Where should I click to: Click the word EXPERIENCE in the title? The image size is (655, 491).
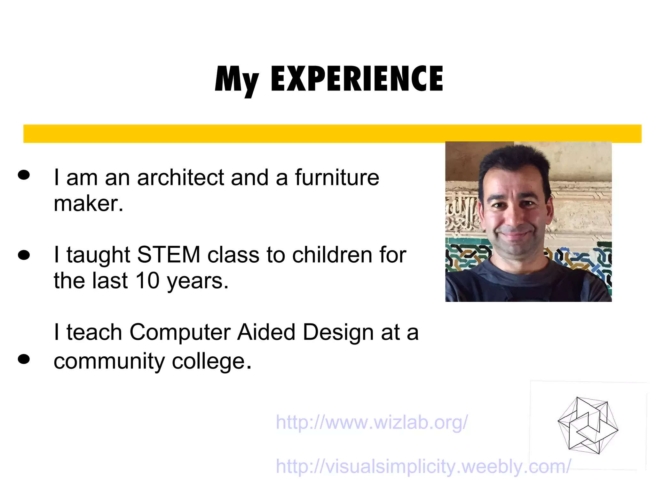pyautogui.click(x=357, y=78)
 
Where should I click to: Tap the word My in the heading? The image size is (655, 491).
pyautogui.click(x=236, y=80)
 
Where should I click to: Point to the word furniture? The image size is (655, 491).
pyautogui.click(x=337, y=178)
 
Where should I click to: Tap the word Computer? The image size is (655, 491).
pyautogui.click(x=180, y=332)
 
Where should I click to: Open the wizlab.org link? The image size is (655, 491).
pyautogui.click(x=372, y=422)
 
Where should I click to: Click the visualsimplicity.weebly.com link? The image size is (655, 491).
pyautogui.click(x=423, y=466)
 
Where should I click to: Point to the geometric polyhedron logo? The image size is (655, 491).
pyautogui.click(x=588, y=425)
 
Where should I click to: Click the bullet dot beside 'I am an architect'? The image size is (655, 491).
pyautogui.click(x=24, y=175)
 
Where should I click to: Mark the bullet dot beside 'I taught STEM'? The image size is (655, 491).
pyautogui.click(x=24, y=255)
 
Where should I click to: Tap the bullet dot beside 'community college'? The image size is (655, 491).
pyautogui.click(x=24, y=359)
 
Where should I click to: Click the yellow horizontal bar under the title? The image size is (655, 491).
pyautogui.click(x=332, y=133)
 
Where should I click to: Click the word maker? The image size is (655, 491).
pyautogui.click(x=88, y=204)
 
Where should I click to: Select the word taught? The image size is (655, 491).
pyautogui.click(x=98, y=255)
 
